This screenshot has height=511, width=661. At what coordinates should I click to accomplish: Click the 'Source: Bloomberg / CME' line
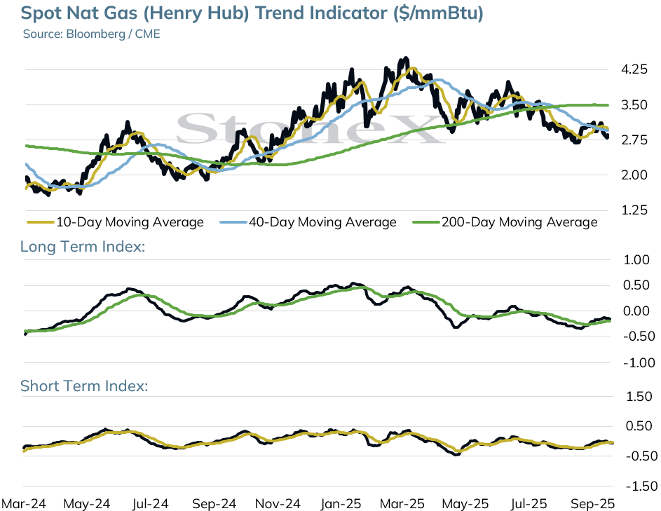(92, 34)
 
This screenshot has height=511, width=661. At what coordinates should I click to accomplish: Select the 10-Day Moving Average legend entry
(115, 222)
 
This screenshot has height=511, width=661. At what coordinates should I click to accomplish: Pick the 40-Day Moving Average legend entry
(308, 222)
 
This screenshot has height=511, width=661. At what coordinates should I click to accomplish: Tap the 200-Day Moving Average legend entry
(505, 222)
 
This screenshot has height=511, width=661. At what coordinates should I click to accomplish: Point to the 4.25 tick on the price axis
(634, 69)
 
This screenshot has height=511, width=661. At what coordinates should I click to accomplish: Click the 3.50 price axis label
(634, 104)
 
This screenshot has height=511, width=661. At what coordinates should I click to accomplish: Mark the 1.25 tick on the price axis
(634, 210)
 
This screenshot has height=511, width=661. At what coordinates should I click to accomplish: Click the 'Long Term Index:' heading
(83, 246)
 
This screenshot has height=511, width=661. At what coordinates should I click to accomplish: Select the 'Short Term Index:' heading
(84, 386)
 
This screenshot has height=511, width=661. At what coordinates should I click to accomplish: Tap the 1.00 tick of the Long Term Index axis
(636, 260)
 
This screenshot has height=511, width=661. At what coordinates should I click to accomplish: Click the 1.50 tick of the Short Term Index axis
(639, 396)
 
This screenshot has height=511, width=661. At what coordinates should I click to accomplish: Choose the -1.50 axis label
(641, 486)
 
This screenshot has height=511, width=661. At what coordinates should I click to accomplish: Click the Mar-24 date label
(24, 504)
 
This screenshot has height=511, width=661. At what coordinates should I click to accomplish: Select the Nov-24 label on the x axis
(278, 504)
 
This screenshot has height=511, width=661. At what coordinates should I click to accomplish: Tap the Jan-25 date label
(341, 504)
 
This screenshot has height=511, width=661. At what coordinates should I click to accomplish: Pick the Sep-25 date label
(592, 504)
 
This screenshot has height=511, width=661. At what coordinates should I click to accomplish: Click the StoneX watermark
(310, 128)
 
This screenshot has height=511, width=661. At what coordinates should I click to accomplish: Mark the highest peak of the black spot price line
(406, 57)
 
